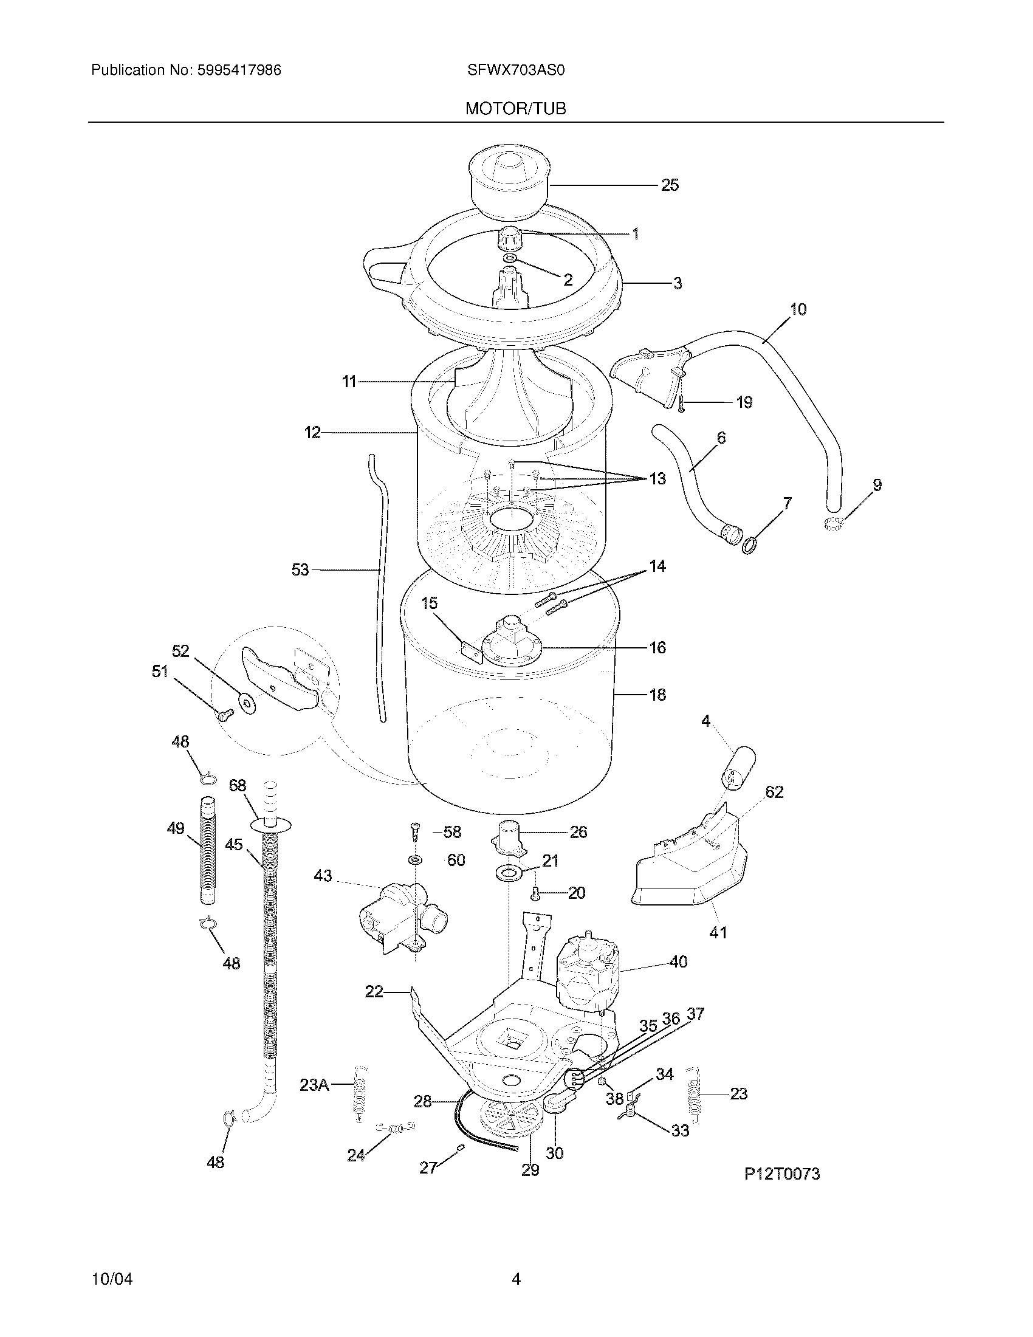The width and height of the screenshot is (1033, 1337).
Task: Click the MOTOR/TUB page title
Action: tap(515, 108)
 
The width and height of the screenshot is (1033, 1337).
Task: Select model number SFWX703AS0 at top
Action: tap(515, 70)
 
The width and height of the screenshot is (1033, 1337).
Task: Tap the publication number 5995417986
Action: tap(239, 70)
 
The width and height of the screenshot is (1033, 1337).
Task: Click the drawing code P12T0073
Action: tap(781, 1174)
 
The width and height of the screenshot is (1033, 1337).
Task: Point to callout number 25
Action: tap(670, 185)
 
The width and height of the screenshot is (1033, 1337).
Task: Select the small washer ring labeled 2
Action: tap(509, 259)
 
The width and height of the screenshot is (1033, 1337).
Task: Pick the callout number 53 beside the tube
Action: tap(300, 570)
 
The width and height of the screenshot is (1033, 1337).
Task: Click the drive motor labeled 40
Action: tap(586, 976)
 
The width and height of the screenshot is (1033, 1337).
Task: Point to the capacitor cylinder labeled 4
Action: tap(738, 768)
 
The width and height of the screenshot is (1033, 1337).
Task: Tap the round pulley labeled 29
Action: tap(510, 1118)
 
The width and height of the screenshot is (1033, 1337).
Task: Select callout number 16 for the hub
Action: tap(657, 647)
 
